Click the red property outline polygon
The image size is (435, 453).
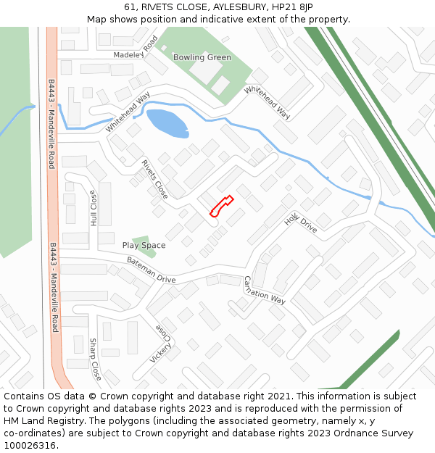(x=221, y=206)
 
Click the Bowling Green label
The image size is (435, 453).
(x=202, y=57)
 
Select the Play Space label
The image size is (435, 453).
(x=144, y=245)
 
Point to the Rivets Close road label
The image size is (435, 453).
(x=154, y=180)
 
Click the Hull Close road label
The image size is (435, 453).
(x=94, y=209)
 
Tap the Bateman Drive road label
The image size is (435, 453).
(x=151, y=270)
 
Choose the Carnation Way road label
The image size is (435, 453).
(x=264, y=289)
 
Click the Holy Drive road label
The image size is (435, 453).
(x=300, y=221)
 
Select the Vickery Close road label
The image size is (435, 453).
(x=163, y=343)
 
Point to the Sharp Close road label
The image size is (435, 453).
(x=95, y=359)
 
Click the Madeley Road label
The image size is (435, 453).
(x=136, y=49)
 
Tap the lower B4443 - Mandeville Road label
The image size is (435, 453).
(x=54, y=288)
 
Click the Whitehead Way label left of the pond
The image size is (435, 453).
(x=128, y=112)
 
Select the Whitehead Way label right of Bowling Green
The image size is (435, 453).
(x=268, y=102)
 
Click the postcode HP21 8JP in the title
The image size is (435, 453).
(x=296, y=7)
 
